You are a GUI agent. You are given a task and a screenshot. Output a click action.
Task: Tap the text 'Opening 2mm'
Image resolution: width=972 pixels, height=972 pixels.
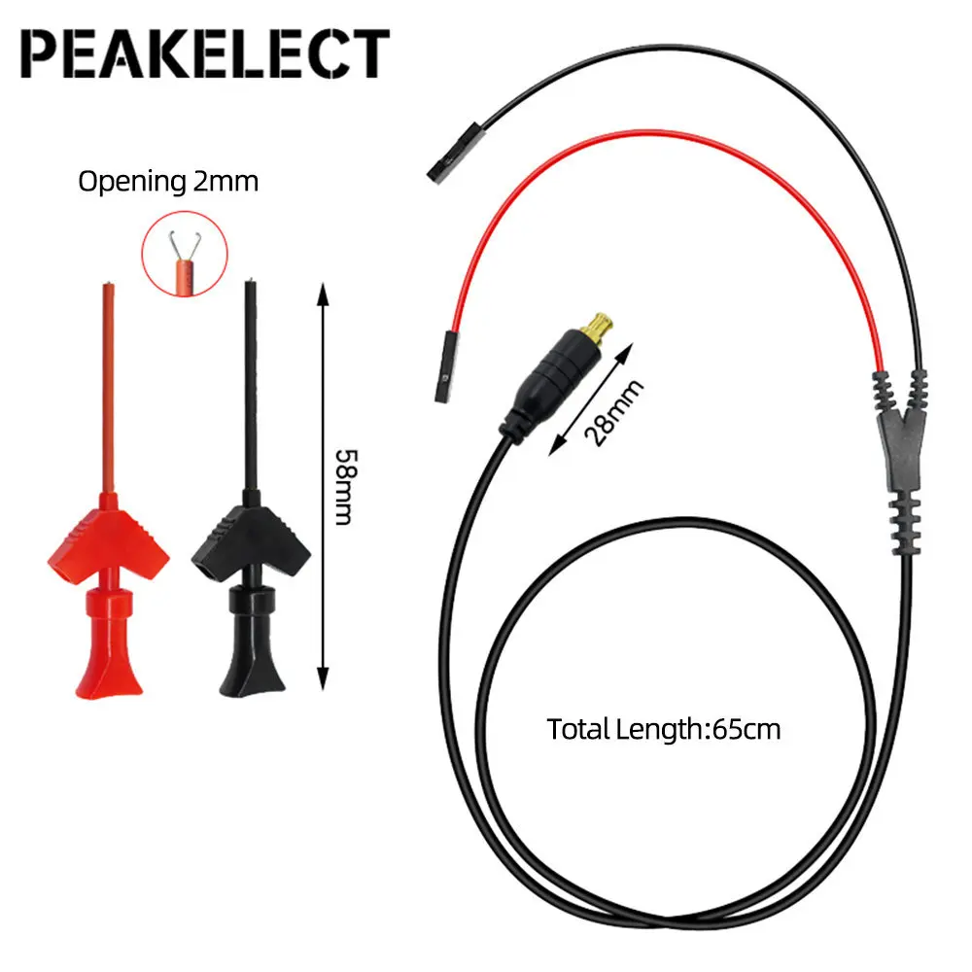click(x=168, y=180)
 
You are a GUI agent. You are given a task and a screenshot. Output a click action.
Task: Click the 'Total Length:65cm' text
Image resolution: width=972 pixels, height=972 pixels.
click(x=664, y=728)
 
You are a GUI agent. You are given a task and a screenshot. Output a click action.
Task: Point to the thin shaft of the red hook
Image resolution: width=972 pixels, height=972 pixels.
click(x=107, y=389)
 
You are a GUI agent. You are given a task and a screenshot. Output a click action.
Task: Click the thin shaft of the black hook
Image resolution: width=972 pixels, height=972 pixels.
click(x=253, y=389)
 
